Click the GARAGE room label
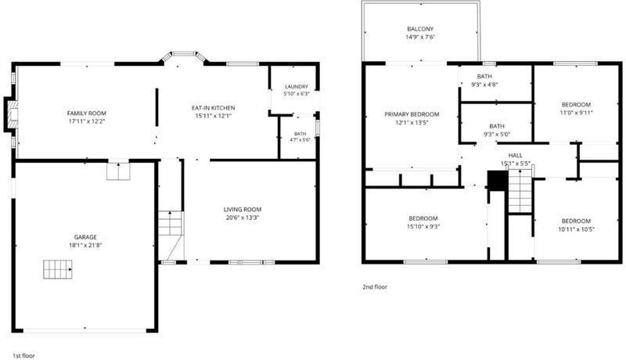(x=85, y=237)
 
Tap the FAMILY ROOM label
(x=87, y=113)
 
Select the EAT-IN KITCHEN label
(x=213, y=108)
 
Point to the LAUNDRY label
(x=297, y=87)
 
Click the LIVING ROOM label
(x=243, y=209)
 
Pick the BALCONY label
(x=420, y=29)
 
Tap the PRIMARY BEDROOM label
(x=412, y=114)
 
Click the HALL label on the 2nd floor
(x=516, y=155)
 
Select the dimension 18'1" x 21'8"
(x=85, y=246)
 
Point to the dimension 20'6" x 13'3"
(x=243, y=218)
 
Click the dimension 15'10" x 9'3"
(x=423, y=227)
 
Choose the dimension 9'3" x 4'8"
(x=484, y=85)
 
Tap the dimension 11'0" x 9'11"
(x=576, y=113)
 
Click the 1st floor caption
(x=23, y=355)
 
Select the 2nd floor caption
(x=375, y=286)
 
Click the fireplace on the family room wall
(x=11, y=114)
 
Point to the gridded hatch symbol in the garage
(x=58, y=269)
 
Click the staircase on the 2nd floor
(x=520, y=191)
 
